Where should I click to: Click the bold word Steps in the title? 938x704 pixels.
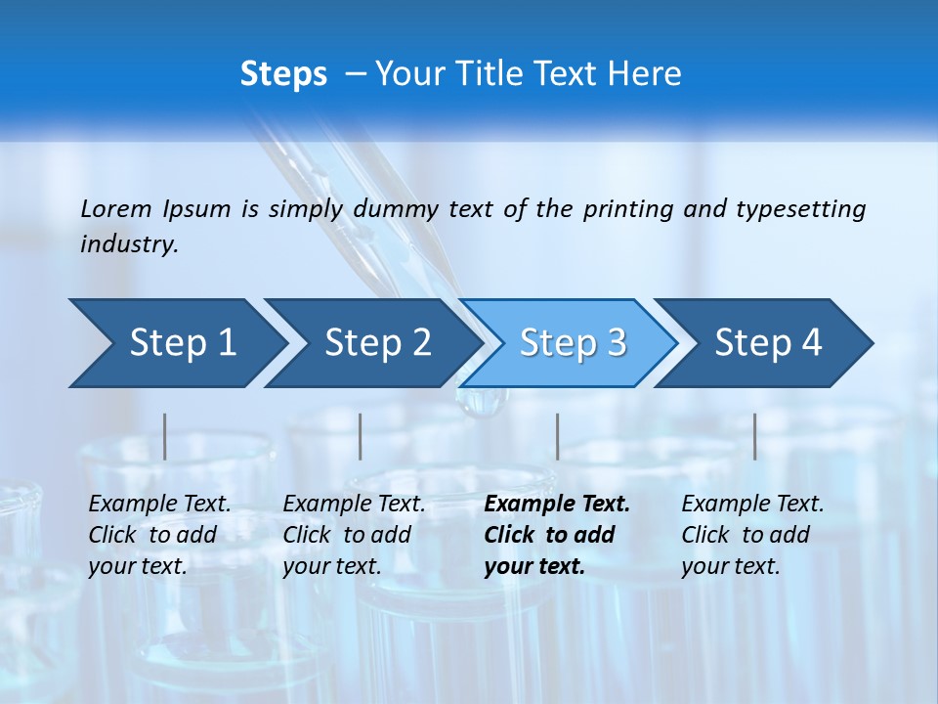tap(283, 74)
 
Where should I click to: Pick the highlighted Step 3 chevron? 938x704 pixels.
tap(573, 343)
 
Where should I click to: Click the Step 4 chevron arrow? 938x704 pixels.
tap(768, 343)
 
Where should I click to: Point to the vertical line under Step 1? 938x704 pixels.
tap(165, 436)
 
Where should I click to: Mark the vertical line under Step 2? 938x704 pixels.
tap(361, 436)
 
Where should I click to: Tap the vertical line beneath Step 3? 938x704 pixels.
tap(557, 436)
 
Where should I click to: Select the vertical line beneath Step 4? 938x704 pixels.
tap(754, 436)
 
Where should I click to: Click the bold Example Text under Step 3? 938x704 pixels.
tap(557, 505)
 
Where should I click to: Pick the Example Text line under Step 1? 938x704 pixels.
tap(159, 505)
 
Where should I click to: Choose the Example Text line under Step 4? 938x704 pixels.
tap(752, 505)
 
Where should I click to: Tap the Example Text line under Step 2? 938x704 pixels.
tap(354, 505)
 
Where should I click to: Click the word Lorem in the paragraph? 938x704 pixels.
tap(116, 209)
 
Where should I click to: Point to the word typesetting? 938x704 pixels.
tap(801, 209)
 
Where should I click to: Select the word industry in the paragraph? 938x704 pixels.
tap(128, 244)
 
